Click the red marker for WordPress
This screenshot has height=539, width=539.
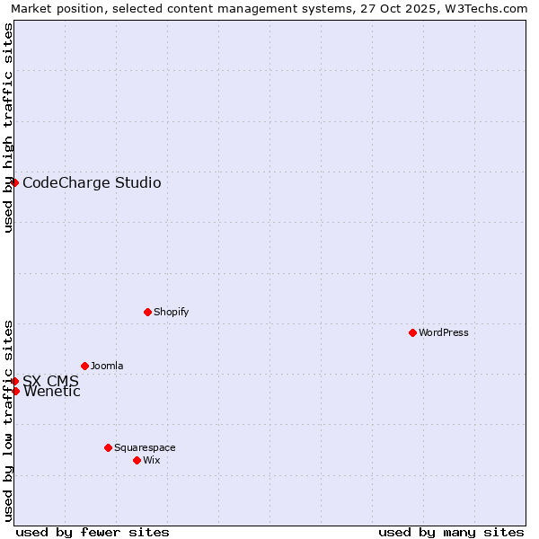click(x=412, y=332)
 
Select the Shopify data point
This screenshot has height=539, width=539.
click(x=147, y=312)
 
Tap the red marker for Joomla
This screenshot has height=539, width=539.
click(x=84, y=366)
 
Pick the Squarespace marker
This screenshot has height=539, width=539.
click(x=108, y=447)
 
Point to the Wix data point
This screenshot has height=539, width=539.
click(x=137, y=460)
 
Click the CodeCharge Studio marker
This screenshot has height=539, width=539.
click(x=14, y=182)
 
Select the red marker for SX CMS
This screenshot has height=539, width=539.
click(x=14, y=381)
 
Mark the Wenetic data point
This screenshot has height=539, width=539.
click(x=15, y=391)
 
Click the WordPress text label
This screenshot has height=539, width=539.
click(x=444, y=332)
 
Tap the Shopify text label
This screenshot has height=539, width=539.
click(x=171, y=312)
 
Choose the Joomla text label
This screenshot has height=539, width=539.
click(x=107, y=366)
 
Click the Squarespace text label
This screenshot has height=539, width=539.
click(x=145, y=447)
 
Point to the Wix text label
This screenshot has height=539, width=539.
click(x=151, y=460)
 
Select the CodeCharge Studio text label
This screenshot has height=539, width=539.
click(x=92, y=183)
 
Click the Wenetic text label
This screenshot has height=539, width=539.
click(x=52, y=392)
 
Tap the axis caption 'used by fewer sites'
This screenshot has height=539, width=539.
click(x=93, y=532)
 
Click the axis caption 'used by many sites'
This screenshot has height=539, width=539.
click(x=451, y=532)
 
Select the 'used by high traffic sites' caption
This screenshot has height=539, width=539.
click(x=8, y=128)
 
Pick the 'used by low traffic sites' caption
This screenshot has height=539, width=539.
click(x=8, y=420)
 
